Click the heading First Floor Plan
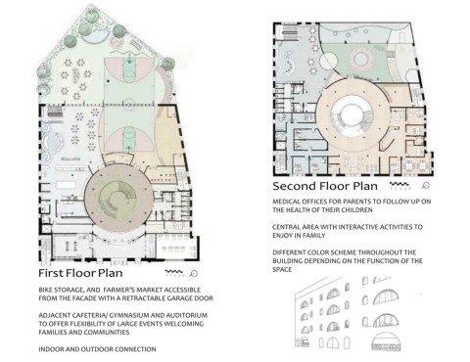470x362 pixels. coord(80,273)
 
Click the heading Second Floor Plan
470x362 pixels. coord(325,186)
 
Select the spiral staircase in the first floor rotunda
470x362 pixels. coord(117,199)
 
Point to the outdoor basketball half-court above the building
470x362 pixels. coord(129,81)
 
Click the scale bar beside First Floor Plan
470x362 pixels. coord(174,273)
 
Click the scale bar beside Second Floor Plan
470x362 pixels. coord(399,186)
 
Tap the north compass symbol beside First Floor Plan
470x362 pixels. coord(194,273)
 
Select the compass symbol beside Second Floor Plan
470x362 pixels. coord(425,186)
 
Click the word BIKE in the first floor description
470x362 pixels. coord(46,290)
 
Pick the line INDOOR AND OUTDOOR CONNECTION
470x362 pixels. coord(97,349)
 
